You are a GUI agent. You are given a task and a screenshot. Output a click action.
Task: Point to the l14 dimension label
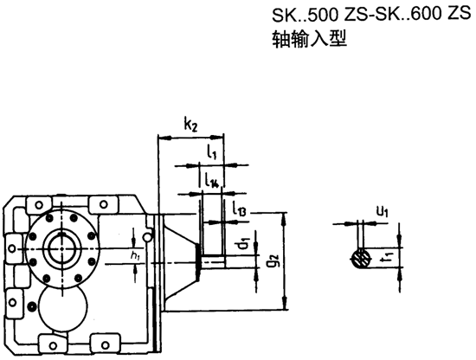pyautogui.click(x=212, y=181)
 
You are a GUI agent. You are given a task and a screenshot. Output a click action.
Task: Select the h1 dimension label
pyautogui.click(x=135, y=256)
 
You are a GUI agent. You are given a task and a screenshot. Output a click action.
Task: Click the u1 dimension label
pyautogui.click(x=382, y=210)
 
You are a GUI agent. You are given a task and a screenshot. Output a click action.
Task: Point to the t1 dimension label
pyautogui.click(x=389, y=255)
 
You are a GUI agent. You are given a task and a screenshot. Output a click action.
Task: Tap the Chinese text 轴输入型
pyautogui.click(x=304, y=40)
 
